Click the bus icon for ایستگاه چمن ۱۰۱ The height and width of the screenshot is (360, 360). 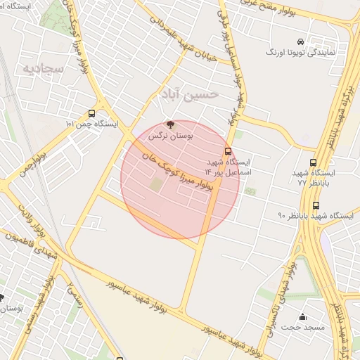(x=92, y=113)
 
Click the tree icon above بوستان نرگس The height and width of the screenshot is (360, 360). (x=169, y=124)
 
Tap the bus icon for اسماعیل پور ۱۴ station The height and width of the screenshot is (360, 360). (x=228, y=151)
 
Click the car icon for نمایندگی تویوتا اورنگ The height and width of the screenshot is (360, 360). (x=301, y=41)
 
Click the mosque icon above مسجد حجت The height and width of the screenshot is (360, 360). (x=303, y=317)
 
